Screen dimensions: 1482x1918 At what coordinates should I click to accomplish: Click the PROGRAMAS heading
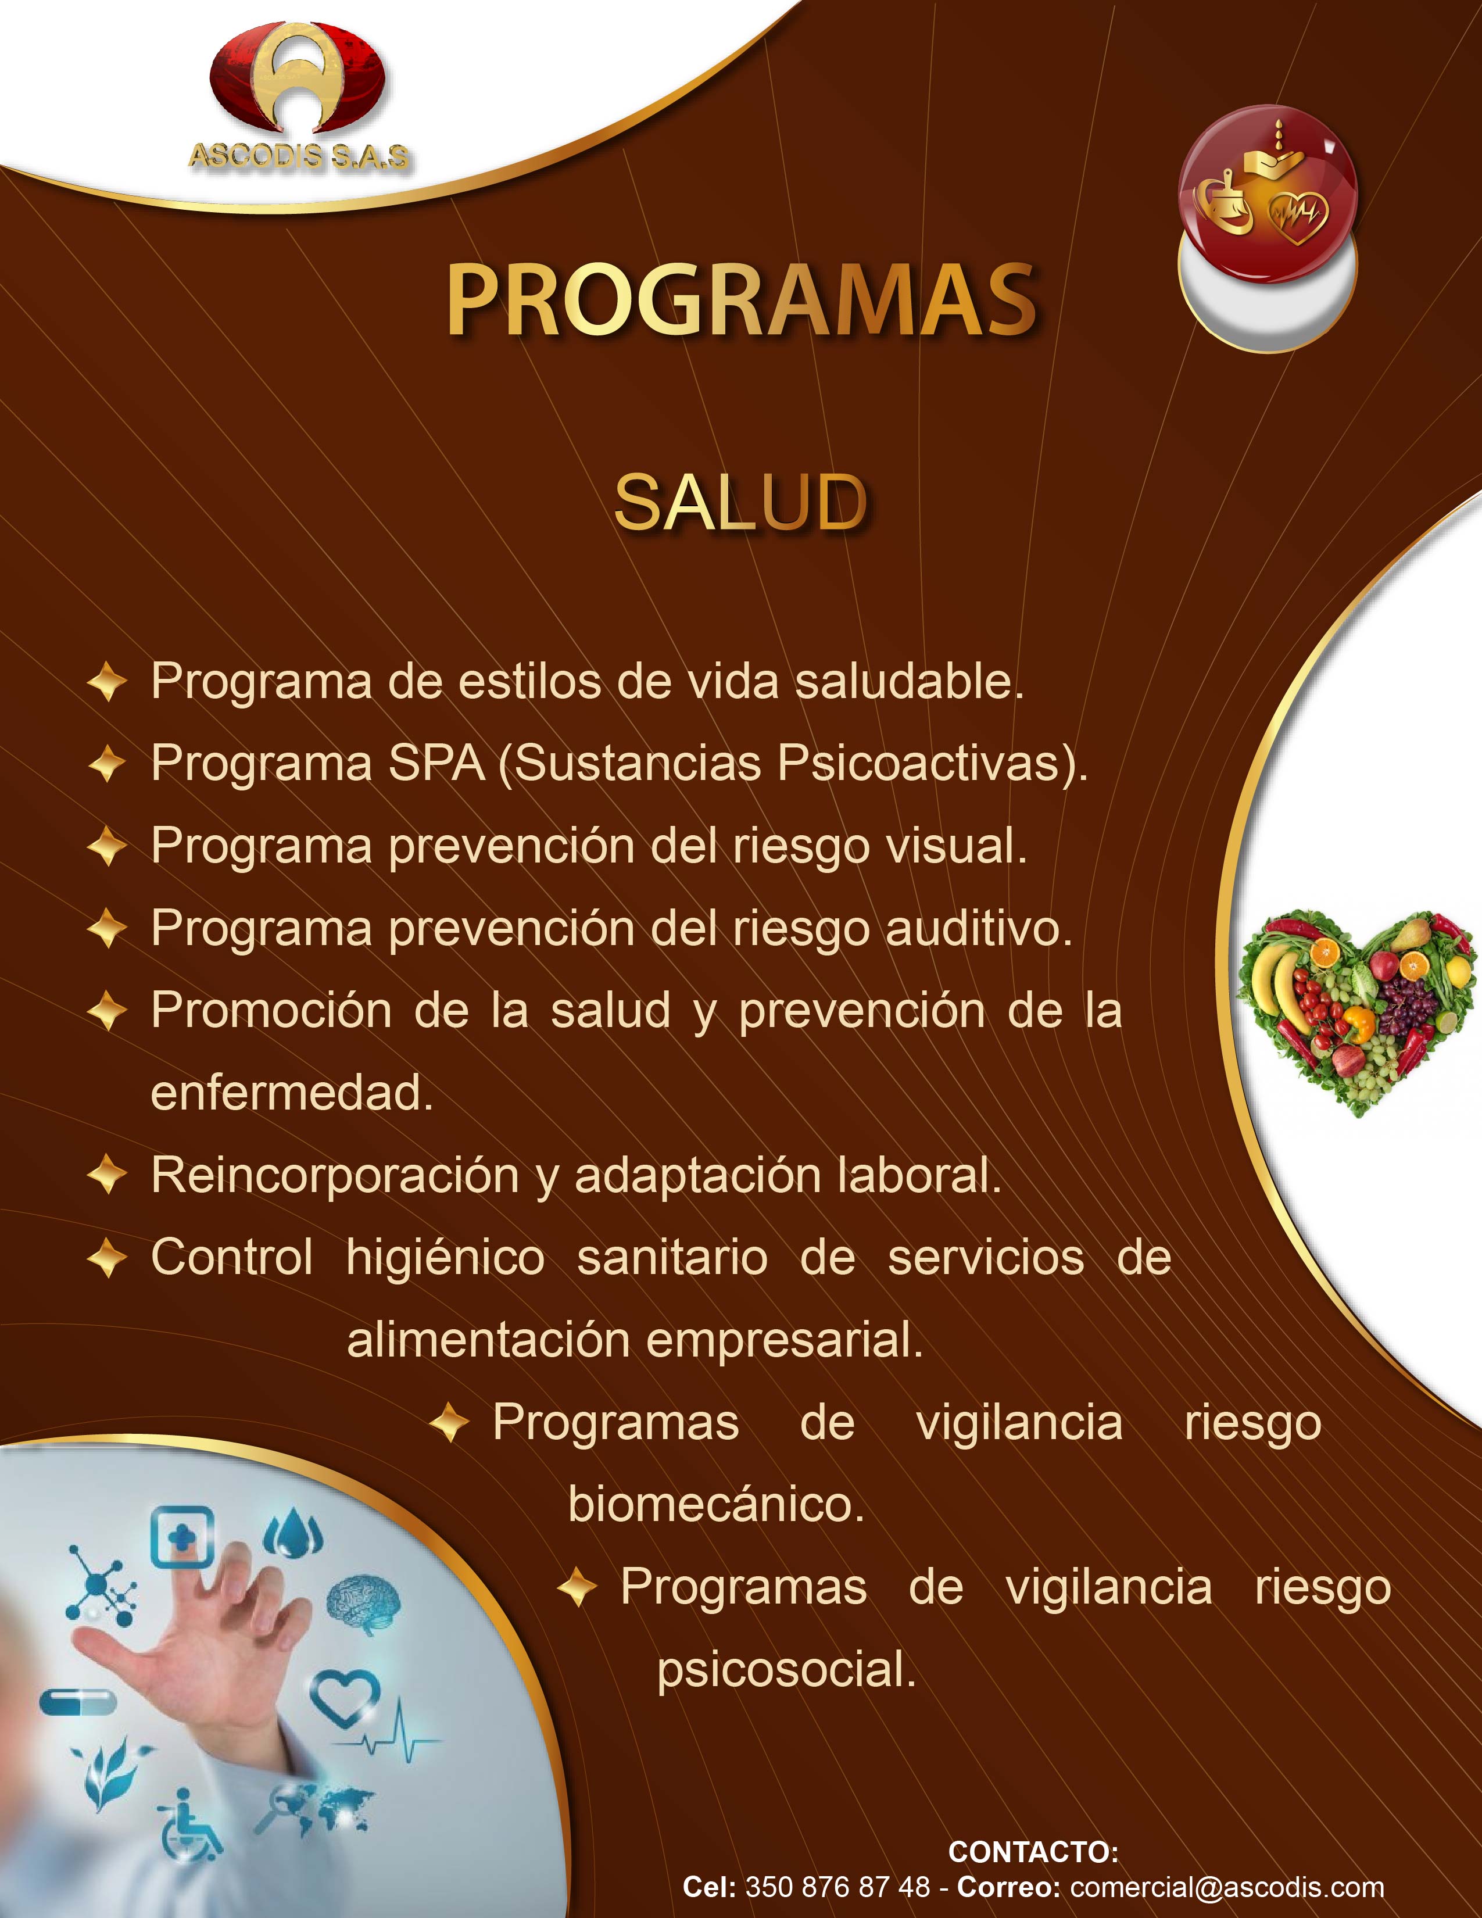(x=742, y=300)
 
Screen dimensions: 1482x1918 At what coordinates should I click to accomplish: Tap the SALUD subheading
(x=740, y=503)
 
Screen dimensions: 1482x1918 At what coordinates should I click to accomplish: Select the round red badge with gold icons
(x=1268, y=193)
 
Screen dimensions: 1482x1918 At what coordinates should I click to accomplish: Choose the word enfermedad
(x=292, y=1093)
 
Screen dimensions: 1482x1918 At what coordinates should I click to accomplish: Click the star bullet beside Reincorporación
(x=107, y=1176)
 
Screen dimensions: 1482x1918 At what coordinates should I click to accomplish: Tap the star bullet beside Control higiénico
(x=107, y=1258)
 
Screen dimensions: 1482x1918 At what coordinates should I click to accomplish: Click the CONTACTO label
(x=1033, y=1852)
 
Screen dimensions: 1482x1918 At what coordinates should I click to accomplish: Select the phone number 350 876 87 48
(x=837, y=1887)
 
